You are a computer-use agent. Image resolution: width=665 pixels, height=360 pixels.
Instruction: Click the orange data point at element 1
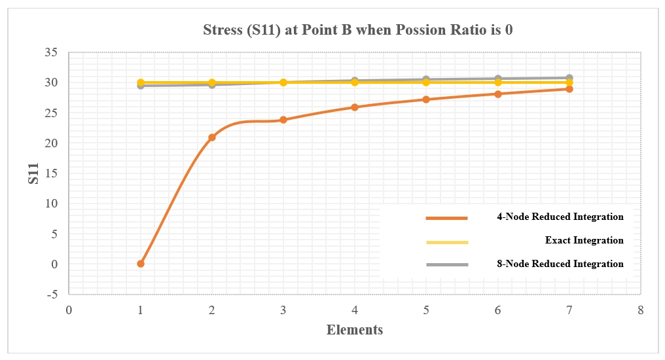click(x=141, y=264)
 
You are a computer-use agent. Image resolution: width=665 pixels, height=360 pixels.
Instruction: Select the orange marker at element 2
click(x=212, y=137)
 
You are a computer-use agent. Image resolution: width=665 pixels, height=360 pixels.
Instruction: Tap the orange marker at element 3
click(x=283, y=120)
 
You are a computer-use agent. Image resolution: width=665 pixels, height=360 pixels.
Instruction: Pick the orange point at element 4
click(x=355, y=107)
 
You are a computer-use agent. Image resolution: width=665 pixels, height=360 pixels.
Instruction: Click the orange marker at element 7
click(x=569, y=89)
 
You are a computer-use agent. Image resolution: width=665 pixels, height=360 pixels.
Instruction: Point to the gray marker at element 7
click(x=569, y=78)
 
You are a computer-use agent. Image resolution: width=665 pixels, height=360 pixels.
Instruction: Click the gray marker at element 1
click(x=141, y=86)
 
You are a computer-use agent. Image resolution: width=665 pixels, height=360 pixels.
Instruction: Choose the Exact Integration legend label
click(x=584, y=240)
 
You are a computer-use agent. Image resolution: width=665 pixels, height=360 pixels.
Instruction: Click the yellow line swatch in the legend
click(x=447, y=242)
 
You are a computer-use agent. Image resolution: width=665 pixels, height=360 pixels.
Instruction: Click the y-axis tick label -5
click(x=51, y=295)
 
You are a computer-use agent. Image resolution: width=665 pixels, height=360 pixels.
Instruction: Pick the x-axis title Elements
click(x=355, y=330)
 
